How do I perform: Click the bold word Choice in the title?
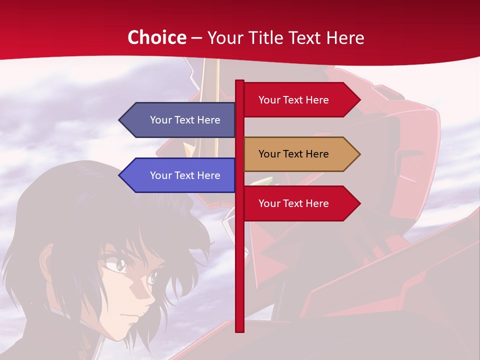[156, 37]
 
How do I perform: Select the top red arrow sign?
[300, 100]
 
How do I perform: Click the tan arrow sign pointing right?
[300, 154]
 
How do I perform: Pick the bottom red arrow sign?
[300, 203]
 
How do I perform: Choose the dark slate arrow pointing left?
[180, 120]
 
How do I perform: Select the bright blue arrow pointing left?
[180, 175]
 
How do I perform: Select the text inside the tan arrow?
[293, 154]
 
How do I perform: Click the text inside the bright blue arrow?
[185, 175]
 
